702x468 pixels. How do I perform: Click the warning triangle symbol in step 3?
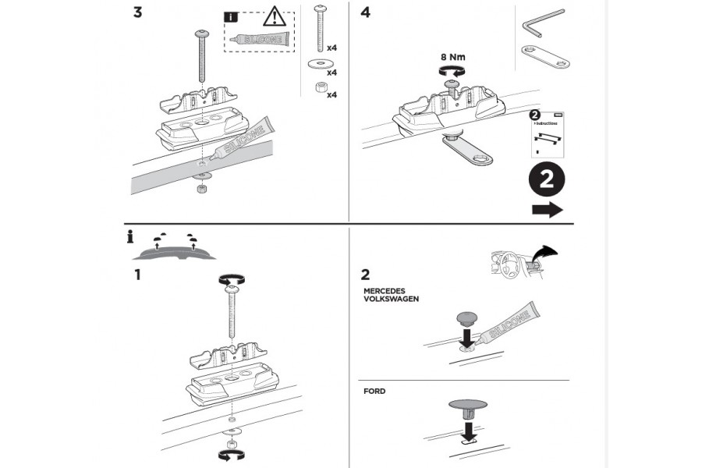point(275,16)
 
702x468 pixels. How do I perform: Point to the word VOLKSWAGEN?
point(393,298)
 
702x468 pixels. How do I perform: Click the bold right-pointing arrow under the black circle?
point(548,210)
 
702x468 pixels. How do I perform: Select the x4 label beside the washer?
point(331,73)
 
